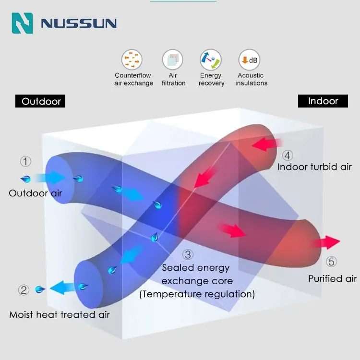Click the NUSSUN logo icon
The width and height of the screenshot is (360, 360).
tap(22, 23)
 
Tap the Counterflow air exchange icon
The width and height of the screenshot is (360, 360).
tap(132, 60)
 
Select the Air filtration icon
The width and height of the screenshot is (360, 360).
tap(173, 60)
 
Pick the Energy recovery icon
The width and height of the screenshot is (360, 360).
tap(211, 60)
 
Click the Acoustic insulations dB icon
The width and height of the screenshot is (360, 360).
tap(250, 60)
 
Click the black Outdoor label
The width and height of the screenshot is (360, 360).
tap(42, 101)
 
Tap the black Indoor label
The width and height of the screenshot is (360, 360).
tap(323, 101)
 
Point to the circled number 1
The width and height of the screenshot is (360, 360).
tap(25, 162)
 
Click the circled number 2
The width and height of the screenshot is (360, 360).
tap(24, 290)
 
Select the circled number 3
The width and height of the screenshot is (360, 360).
tap(188, 255)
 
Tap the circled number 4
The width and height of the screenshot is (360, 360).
tap(287, 156)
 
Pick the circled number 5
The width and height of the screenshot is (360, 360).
tap(332, 262)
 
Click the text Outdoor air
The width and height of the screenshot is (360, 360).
tap(35, 193)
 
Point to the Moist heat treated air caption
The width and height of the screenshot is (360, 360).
tap(60, 315)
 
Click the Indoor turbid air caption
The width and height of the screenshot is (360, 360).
tap(314, 167)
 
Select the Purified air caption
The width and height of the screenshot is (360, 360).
tap(333, 279)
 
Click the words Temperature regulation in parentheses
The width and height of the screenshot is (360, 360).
tap(197, 294)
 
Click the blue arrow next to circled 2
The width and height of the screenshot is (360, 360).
tap(59, 288)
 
